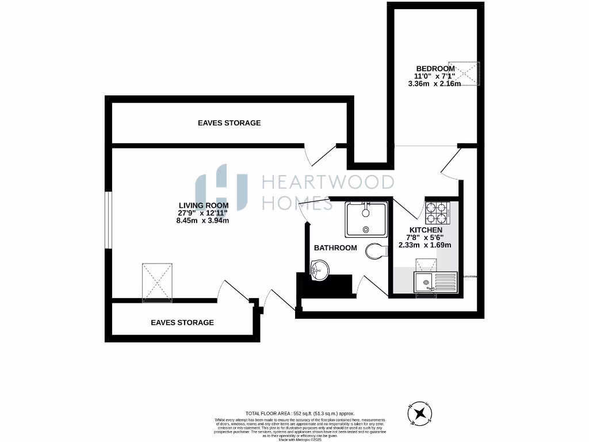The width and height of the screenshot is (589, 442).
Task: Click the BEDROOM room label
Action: click(435, 68)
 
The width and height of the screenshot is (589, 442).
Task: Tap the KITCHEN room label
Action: click(426, 230)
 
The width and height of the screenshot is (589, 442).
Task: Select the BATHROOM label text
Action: click(335, 248)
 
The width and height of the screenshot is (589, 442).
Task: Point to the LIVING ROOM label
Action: click(204, 205)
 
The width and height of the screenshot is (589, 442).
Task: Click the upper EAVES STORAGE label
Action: click(229, 123)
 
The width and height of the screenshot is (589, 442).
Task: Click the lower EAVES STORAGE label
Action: click(182, 322)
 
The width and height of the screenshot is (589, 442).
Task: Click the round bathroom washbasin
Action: click(318, 270)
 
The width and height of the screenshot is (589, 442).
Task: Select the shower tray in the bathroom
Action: click(366, 219)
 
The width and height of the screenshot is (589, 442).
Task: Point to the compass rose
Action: click(422, 412)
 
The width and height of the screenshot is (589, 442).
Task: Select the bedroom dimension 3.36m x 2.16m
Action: click(434, 83)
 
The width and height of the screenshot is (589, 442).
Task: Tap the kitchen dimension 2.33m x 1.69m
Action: click(424, 245)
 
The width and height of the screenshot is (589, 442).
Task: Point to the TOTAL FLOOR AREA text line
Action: click(300, 413)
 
